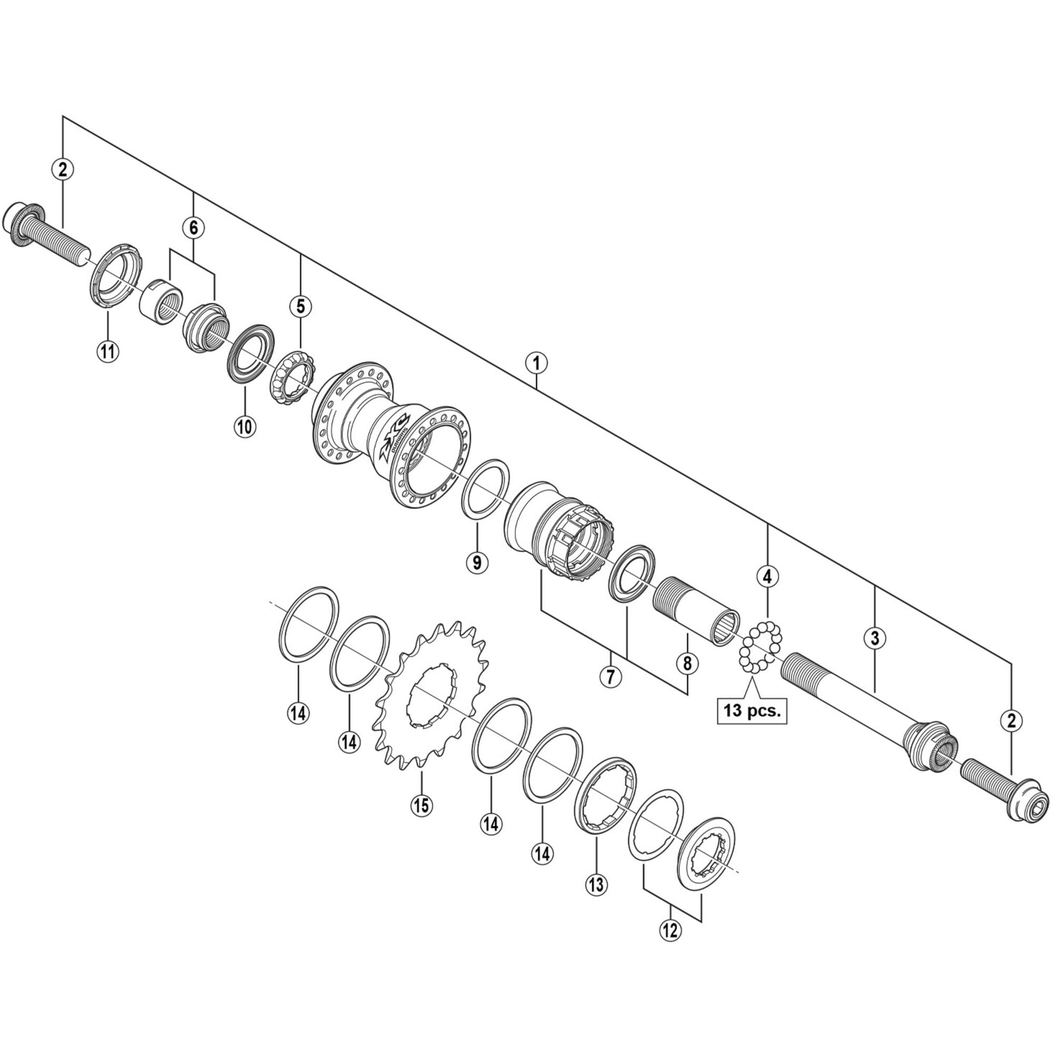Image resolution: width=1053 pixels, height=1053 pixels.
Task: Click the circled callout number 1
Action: pos(537,362)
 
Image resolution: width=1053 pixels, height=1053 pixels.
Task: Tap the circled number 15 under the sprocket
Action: pos(422,804)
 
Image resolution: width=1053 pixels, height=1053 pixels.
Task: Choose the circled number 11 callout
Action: pos(108,351)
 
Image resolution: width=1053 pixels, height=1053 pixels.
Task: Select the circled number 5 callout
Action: pos(301,306)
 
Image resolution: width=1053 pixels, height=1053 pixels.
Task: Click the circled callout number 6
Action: pos(193,228)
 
